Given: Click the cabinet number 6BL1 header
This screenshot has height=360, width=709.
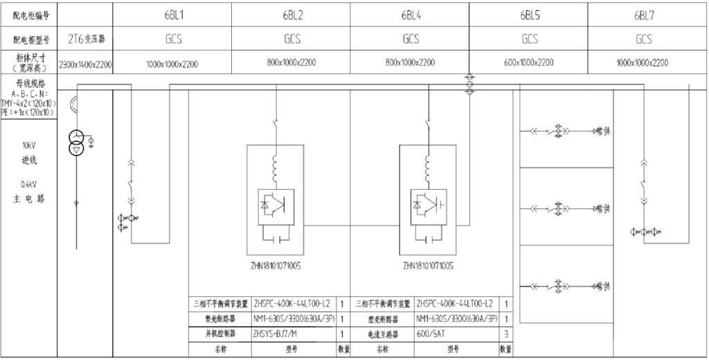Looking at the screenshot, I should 172,15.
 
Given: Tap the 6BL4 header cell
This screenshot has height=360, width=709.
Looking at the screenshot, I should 411,15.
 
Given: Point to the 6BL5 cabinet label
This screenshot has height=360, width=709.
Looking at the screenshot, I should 530,15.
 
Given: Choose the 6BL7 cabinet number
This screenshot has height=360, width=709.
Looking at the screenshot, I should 644,15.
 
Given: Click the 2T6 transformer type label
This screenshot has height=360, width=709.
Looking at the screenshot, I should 87,39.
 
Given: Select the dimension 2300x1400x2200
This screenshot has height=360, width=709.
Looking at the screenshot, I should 86,64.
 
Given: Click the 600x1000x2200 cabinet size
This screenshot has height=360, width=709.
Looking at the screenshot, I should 530,63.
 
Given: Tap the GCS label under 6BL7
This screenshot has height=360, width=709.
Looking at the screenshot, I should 644,39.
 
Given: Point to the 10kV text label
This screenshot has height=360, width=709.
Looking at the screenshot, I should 28,147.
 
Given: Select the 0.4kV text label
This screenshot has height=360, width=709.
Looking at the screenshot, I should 28,185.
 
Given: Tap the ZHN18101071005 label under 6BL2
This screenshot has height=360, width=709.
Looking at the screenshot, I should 276,265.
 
